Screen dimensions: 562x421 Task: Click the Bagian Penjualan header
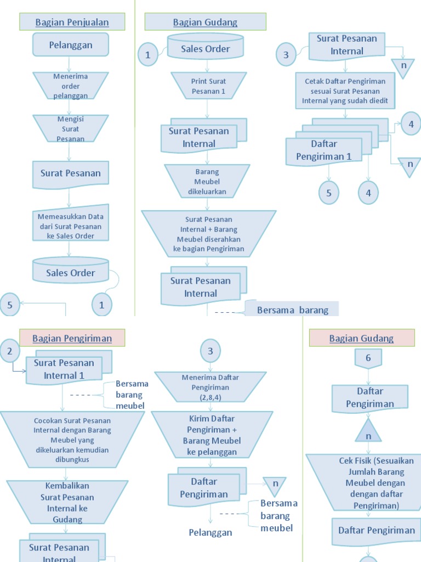pos(72,22)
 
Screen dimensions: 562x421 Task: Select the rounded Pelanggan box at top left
pos(71,44)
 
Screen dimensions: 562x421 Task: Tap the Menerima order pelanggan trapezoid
pos(70,86)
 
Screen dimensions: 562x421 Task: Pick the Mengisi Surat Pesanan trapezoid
pos(70,128)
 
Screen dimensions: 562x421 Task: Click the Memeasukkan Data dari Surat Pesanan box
pos(70,226)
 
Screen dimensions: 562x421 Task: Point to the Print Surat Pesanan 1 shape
pos(208,86)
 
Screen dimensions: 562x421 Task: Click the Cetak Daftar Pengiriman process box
pos(345,91)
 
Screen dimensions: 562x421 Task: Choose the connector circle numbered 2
pos(10,351)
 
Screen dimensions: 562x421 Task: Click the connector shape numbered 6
pos(368,358)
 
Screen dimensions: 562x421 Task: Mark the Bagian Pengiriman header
pos(72,338)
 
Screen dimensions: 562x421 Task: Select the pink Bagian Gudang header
pos(361,338)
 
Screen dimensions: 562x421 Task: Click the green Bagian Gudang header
pos(205,22)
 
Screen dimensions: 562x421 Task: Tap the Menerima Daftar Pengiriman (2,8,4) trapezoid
pos(210,387)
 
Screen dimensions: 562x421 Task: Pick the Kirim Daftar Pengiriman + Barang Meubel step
pos(212,435)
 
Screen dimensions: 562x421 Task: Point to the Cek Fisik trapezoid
pos(368,482)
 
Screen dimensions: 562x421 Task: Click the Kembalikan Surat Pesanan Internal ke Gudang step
pos(67,502)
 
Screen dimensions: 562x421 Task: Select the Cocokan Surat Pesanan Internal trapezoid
pos(72,440)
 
